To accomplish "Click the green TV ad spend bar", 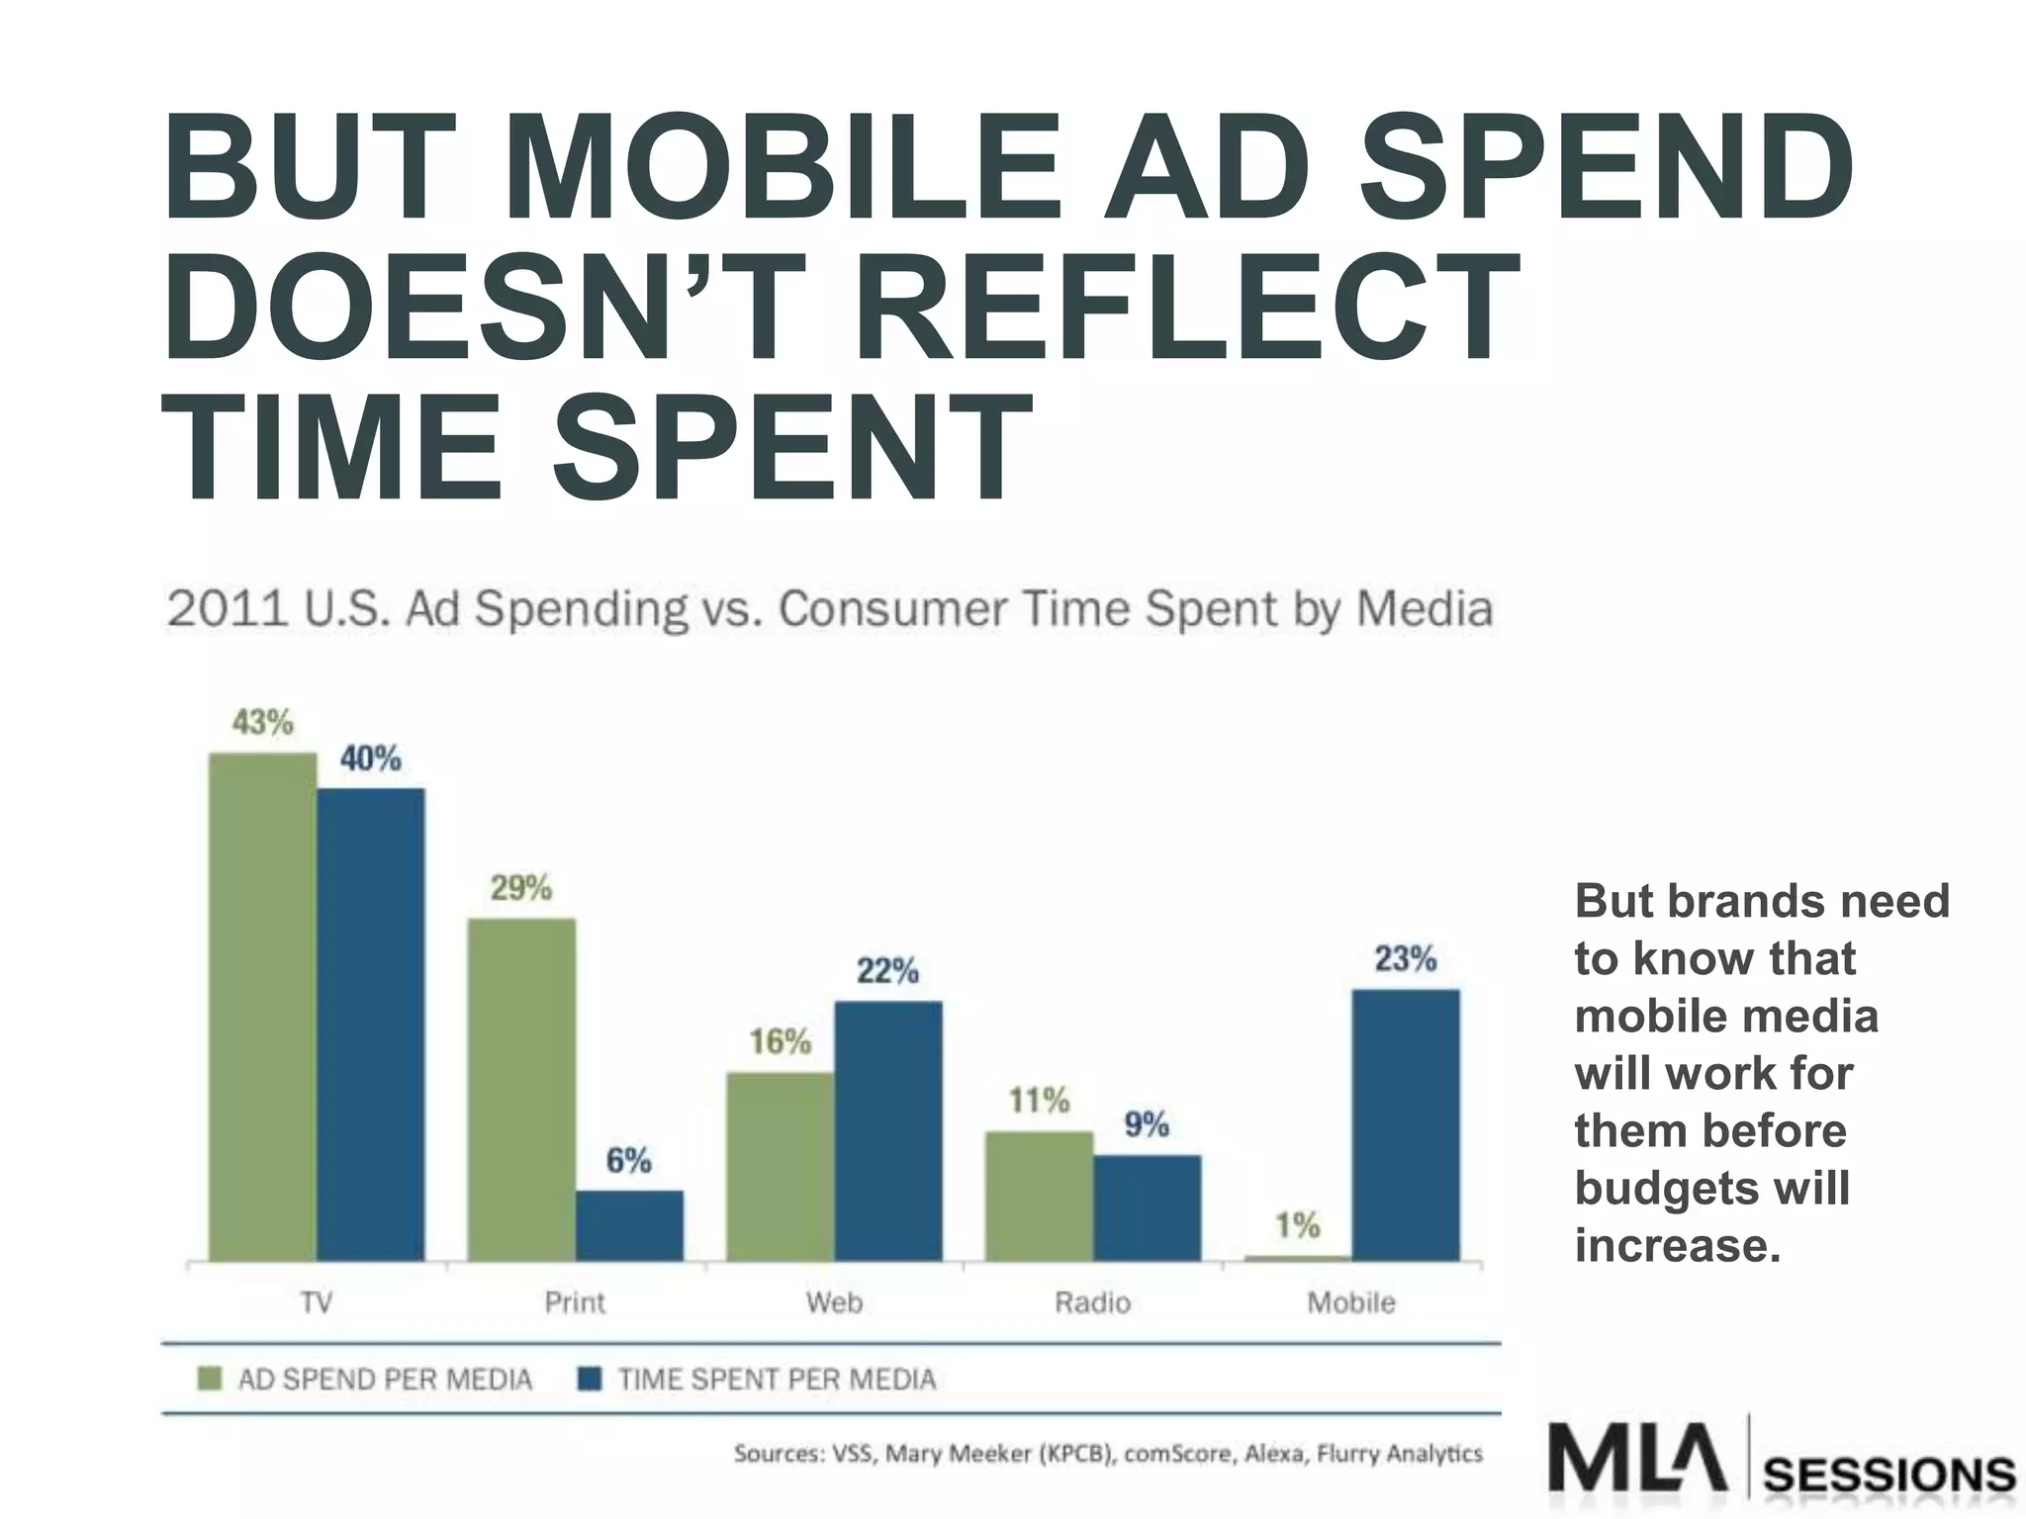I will click(263, 1007).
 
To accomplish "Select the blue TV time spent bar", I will click(371, 1025).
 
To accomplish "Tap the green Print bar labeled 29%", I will click(521, 1089).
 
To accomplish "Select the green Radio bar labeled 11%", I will click(1039, 1196).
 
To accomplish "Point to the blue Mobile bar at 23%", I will click(1406, 1124).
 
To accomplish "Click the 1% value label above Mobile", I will click(1297, 1226).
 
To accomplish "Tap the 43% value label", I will click(262, 723).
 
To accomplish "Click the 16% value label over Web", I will click(780, 1041).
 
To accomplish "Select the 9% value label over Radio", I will click(1147, 1124).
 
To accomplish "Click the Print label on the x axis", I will click(575, 1302).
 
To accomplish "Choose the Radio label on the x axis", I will click(1092, 1302).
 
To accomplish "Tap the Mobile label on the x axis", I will click(1351, 1302).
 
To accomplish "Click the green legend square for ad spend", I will click(210, 1379).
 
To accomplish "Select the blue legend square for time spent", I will click(590, 1379).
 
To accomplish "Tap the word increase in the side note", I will click(1678, 1245).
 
